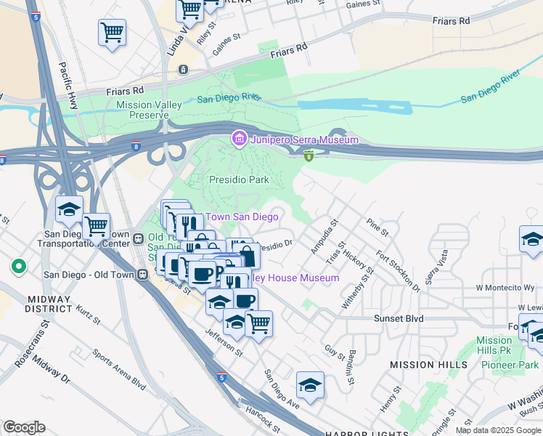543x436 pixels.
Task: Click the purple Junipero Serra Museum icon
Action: (238, 139)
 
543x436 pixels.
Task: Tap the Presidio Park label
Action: (239, 179)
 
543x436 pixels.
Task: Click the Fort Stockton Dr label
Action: (399, 270)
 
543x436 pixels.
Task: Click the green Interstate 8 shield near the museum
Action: (309, 155)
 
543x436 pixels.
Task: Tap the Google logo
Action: (24, 427)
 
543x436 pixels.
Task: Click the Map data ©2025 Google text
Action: (497, 430)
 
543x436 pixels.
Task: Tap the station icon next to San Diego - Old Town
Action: (143, 275)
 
